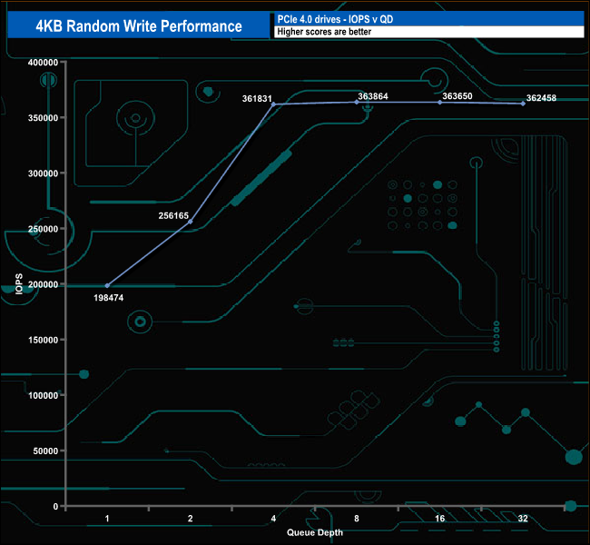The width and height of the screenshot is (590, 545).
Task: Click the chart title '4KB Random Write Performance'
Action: tap(139, 26)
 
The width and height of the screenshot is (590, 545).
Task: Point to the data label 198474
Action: tap(110, 297)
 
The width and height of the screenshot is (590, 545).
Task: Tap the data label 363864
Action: tap(374, 95)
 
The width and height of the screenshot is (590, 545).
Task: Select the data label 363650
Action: tap(458, 95)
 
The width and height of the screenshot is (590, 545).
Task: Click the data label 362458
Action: tap(541, 97)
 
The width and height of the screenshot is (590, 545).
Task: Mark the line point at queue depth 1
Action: tap(107, 285)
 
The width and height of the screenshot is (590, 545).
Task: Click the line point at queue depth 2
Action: tap(191, 221)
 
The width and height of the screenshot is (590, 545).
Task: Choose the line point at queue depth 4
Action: tap(273, 104)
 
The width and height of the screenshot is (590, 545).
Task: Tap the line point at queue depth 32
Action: tap(523, 104)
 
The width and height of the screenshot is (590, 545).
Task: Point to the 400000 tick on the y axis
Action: tap(44, 63)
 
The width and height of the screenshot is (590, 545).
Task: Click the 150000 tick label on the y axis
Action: tap(44, 340)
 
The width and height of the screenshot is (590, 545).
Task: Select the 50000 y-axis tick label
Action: tap(46, 451)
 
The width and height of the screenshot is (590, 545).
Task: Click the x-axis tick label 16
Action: tap(439, 519)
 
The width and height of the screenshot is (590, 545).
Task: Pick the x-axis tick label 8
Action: tap(357, 519)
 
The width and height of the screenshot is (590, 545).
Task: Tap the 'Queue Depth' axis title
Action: tap(315, 532)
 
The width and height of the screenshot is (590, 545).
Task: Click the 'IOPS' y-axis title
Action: tap(19, 283)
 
